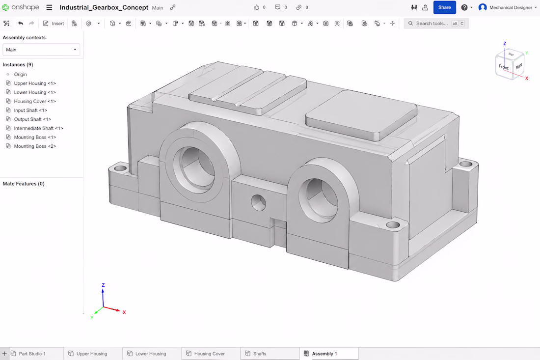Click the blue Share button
(x=444, y=7)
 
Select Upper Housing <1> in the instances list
(x=35, y=83)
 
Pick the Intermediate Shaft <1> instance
(x=39, y=128)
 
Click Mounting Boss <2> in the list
(x=35, y=146)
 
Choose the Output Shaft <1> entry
(x=32, y=119)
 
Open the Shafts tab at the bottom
(x=260, y=354)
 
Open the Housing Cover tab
(x=210, y=354)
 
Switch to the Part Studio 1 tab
(x=32, y=354)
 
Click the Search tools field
(x=436, y=24)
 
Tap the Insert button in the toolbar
(x=54, y=24)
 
